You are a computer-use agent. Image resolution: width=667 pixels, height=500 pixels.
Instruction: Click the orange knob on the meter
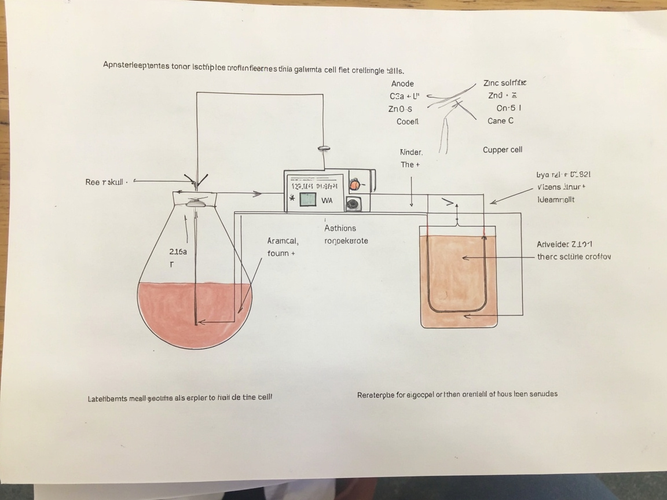pyautogui.click(x=354, y=185)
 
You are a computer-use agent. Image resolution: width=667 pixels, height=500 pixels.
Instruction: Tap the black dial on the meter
pyautogui.click(x=351, y=204)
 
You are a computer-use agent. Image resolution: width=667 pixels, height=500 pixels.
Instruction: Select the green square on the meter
pyautogui.click(x=308, y=200)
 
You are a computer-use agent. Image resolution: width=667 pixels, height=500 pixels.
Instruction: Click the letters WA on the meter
pyautogui.click(x=327, y=200)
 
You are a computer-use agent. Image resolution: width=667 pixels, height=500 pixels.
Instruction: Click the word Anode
pyautogui.click(x=402, y=83)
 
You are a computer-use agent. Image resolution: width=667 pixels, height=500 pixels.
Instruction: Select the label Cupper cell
pyautogui.click(x=503, y=150)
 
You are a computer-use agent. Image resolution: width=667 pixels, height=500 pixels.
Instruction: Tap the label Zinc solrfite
pyautogui.click(x=504, y=83)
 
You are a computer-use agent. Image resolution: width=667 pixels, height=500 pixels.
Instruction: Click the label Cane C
pyautogui.click(x=500, y=121)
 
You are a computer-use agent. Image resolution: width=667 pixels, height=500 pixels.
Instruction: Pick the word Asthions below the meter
pyautogui.click(x=340, y=228)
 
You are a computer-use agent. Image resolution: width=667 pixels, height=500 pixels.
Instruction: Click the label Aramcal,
pyautogui.click(x=283, y=241)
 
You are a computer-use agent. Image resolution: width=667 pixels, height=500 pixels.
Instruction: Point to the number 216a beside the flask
pyautogui.click(x=178, y=252)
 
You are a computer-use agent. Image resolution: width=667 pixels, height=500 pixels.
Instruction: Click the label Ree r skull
pyautogui.click(x=105, y=182)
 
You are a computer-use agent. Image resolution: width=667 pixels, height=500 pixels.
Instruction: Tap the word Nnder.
pyautogui.click(x=411, y=152)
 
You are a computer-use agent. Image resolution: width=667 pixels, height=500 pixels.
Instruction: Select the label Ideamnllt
pyautogui.click(x=556, y=199)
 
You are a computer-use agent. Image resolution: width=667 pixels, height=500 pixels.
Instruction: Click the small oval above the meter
pyautogui.click(x=324, y=149)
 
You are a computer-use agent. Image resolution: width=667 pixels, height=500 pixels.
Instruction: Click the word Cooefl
pyautogui.click(x=408, y=122)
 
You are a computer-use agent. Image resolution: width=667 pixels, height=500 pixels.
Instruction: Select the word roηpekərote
pyautogui.click(x=346, y=241)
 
